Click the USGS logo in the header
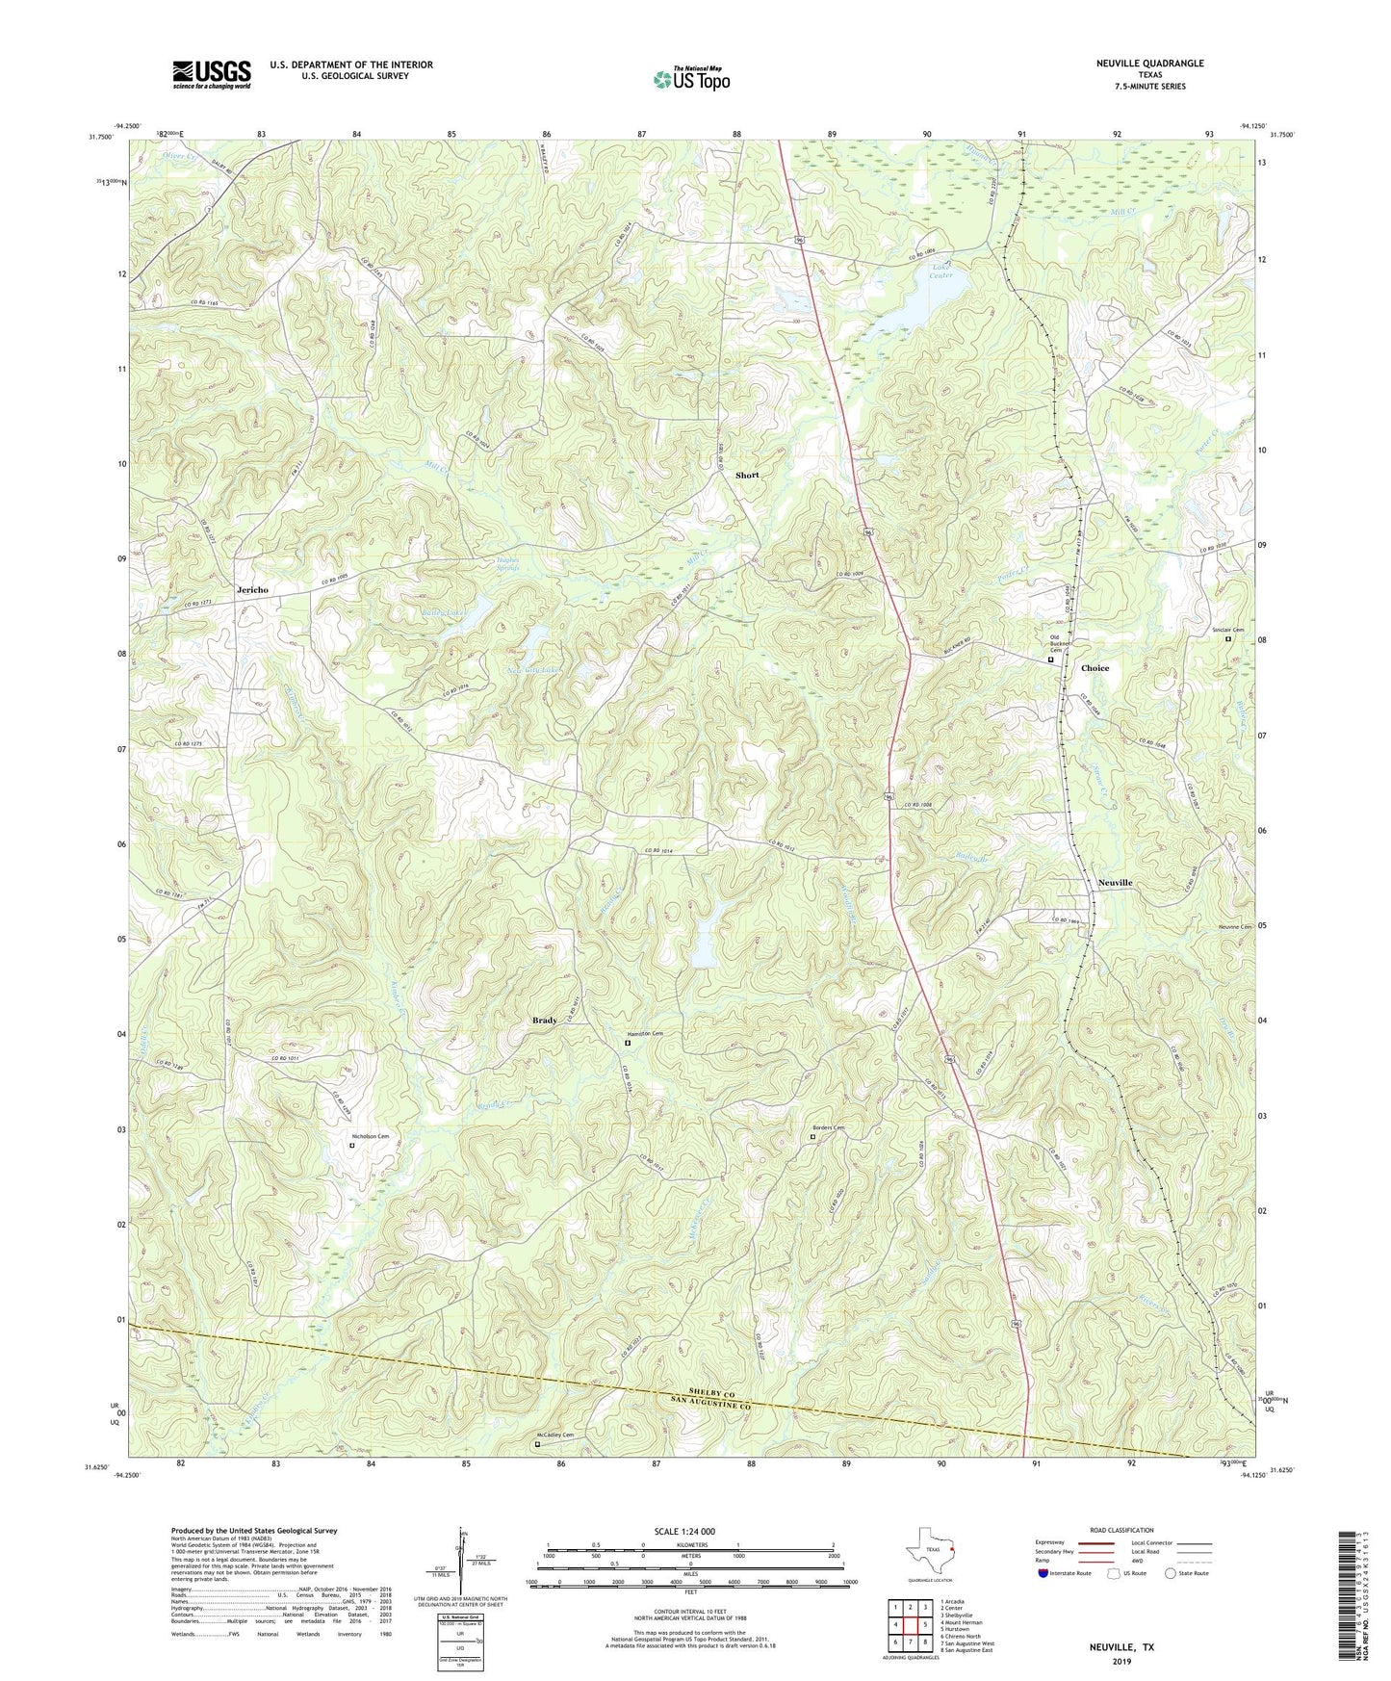pos(211,74)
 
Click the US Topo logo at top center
pos(690,78)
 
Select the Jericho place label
pos(252,589)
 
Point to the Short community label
pos(747,476)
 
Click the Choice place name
pos(1095,668)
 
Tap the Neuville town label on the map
pos(1115,883)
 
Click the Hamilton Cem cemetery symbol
pos(628,1043)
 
